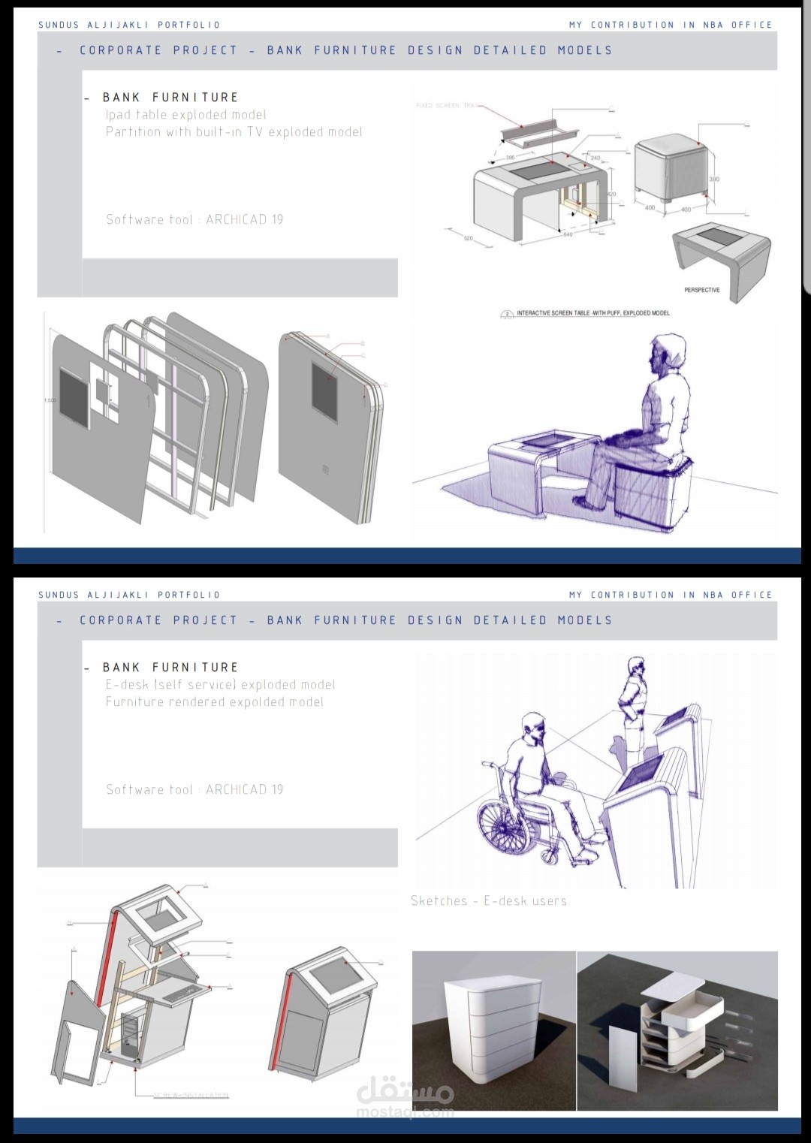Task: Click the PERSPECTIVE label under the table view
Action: point(701,290)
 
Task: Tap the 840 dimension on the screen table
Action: point(568,234)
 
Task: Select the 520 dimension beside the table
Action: point(469,239)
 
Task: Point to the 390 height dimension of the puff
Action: point(714,179)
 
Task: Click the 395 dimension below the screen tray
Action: point(511,158)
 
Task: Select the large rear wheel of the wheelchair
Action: point(506,825)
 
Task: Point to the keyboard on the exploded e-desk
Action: point(180,994)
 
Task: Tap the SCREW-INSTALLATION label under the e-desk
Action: point(191,1096)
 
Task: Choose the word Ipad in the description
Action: point(118,115)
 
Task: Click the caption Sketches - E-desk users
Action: point(488,901)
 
